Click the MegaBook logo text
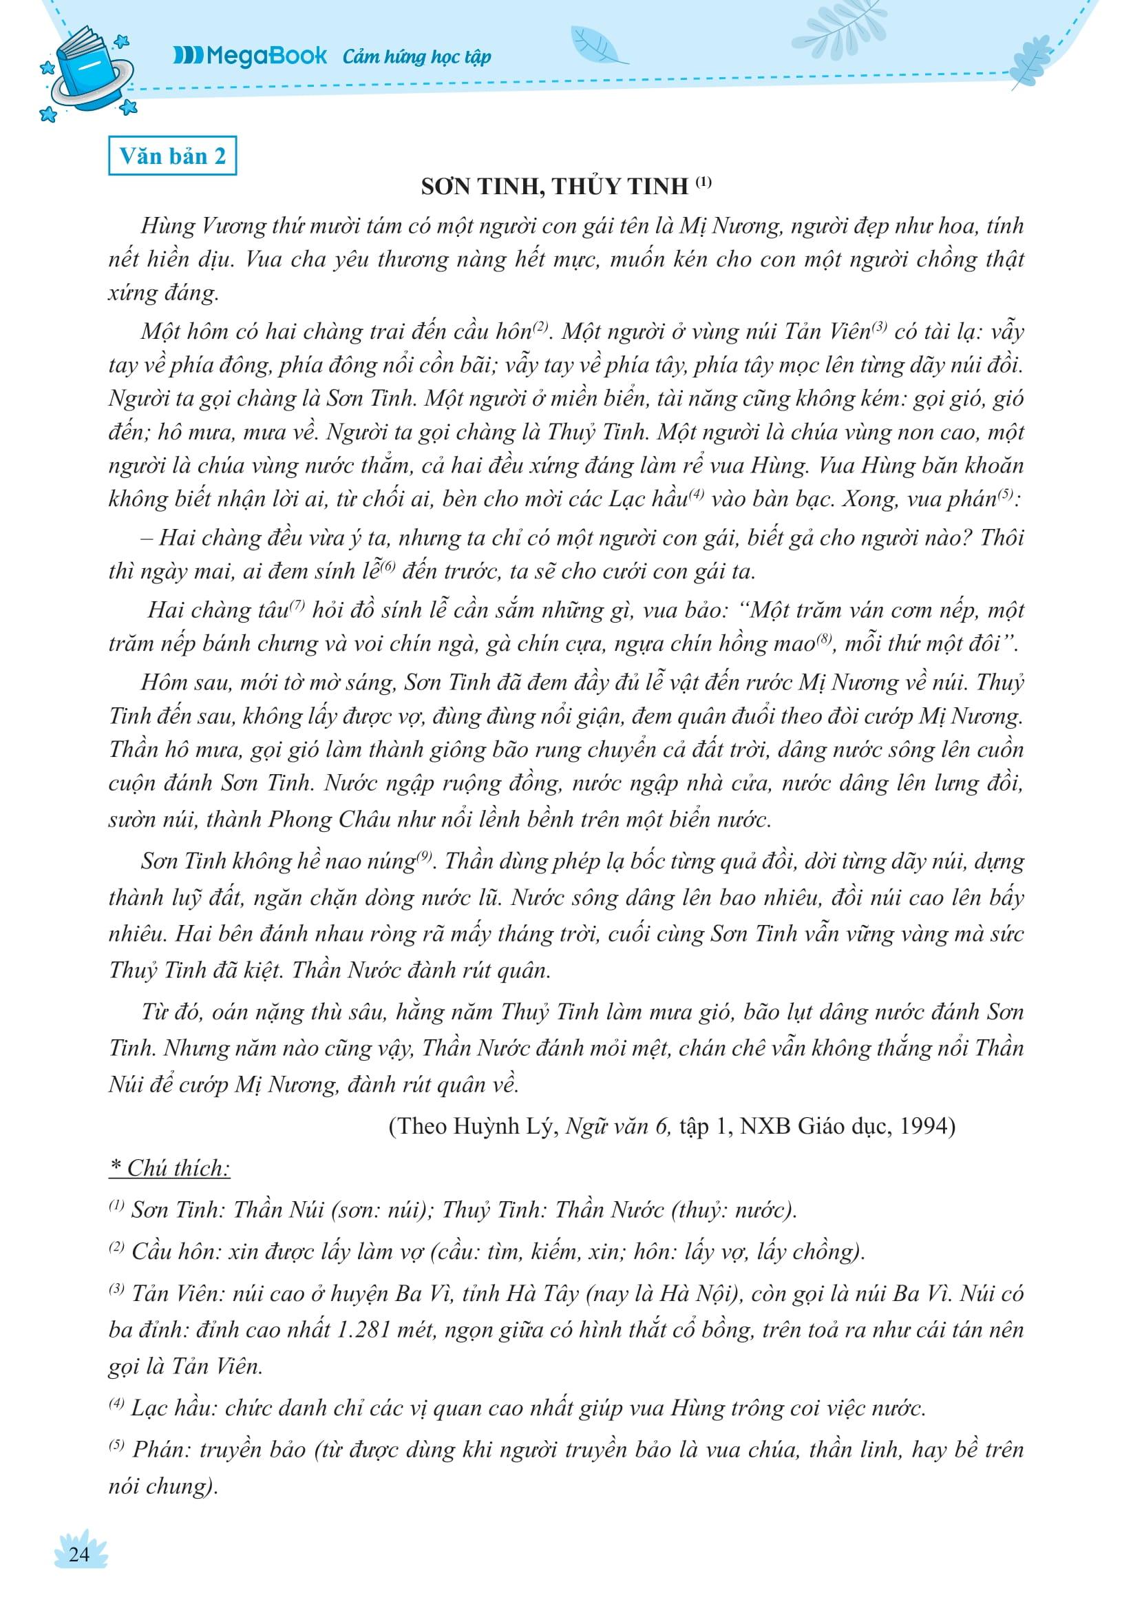(x=251, y=56)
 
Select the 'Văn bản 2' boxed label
(x=172, y=156)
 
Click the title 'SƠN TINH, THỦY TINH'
(x=555, y=187)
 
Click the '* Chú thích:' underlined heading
(x=169, y=1168)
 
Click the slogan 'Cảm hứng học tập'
(x=417, y=57)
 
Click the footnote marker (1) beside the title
(x=703, y=183)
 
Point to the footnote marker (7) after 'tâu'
(x=295, y=606)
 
